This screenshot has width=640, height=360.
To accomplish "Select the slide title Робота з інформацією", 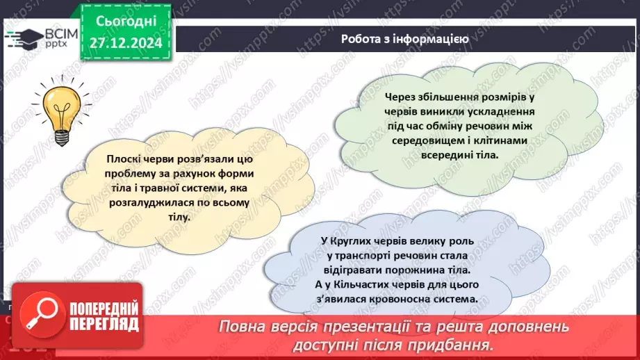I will click(x=404, y=39).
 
